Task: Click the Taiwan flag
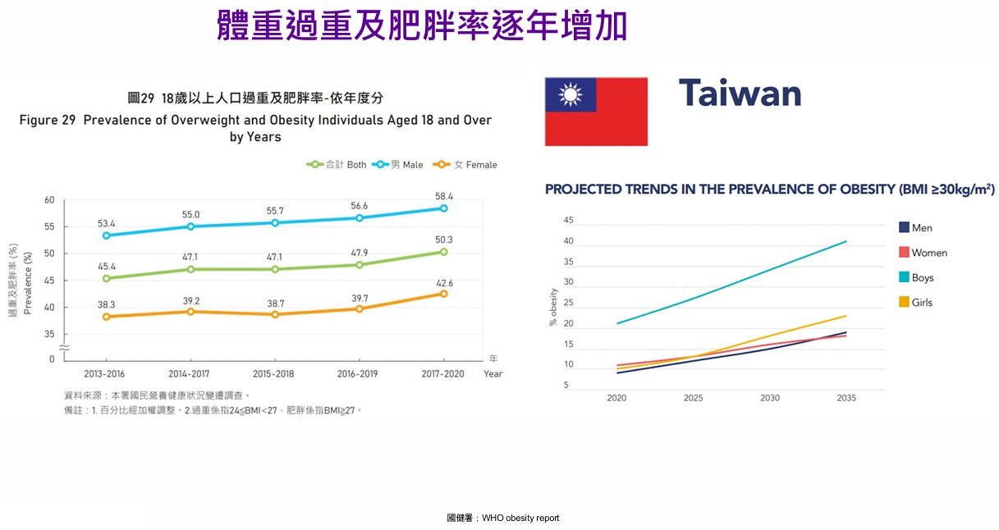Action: (x=596, y=112)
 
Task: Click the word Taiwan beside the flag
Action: (x=740, y=94)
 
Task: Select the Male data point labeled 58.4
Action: (x=443, y=208)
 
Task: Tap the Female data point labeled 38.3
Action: (x=106, y=317)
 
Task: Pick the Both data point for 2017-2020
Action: (x=443, y=252)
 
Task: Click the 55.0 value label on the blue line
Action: (x=190, y=215)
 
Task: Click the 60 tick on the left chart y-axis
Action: (x=49, y=200)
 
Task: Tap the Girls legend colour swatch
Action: (x=904, y=303)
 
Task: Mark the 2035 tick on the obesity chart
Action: (x=846, y=398)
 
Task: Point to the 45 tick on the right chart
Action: (x=568, y=221)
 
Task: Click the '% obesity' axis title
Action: (x=552, y=308)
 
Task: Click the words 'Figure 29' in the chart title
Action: (x=49, y=120)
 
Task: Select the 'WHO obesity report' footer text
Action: (x=520, y=519)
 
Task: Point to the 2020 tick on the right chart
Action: (x=616, y=398)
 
